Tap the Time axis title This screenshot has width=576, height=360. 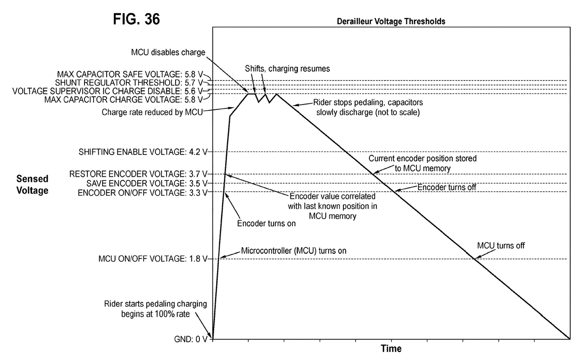391,348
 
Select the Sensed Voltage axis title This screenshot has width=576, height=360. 32,184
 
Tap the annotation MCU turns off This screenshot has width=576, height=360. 501,246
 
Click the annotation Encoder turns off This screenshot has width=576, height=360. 447,186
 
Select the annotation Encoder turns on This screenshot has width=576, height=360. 266,223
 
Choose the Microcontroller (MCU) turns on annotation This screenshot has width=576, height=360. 294,251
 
